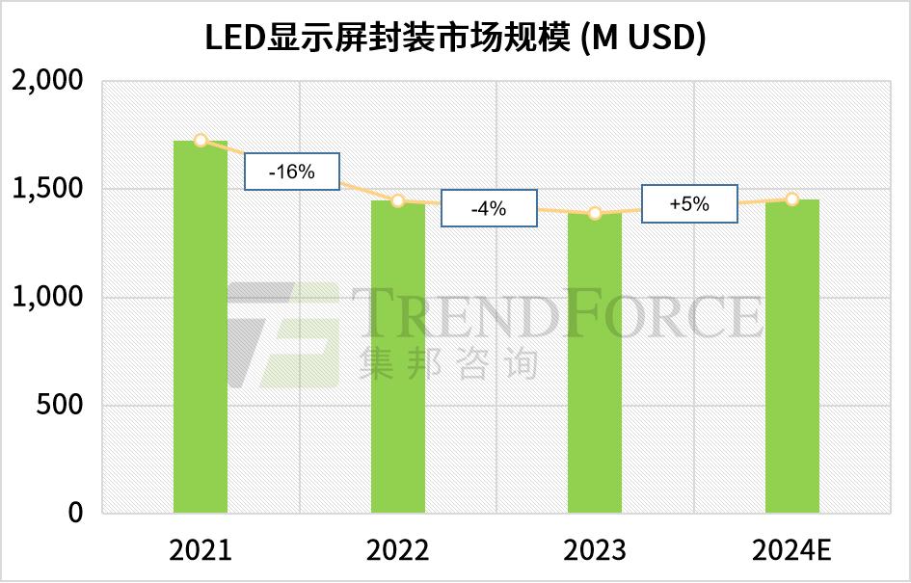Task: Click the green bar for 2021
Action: [x=201, y=328]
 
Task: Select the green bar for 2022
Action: [x=398, y=357]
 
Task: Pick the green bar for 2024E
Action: [x=791, y=357]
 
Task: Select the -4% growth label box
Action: [x=489, y=209]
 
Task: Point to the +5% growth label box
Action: [x=689, y=204]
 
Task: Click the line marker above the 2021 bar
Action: [x=201, y=141]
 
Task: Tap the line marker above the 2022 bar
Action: [x=398, y=200]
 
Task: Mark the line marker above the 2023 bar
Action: [x=595, y=213]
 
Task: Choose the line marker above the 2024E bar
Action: [x=791, y=199]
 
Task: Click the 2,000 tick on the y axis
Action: [x=47, y=82]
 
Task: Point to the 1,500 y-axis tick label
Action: [x=47, y=190]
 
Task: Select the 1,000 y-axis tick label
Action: [x=47, y=298]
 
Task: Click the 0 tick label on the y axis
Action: [x=76, y=513]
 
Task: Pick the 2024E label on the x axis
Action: [x=791, y=551]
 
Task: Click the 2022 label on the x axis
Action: [x=398, y=551]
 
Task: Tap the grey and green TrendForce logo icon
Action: [x=284, y=332]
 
